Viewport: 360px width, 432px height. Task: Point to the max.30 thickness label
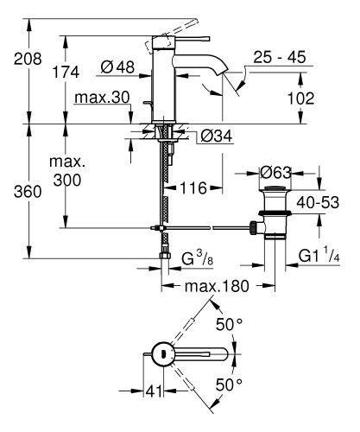97,100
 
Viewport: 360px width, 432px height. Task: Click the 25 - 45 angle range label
282,59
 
